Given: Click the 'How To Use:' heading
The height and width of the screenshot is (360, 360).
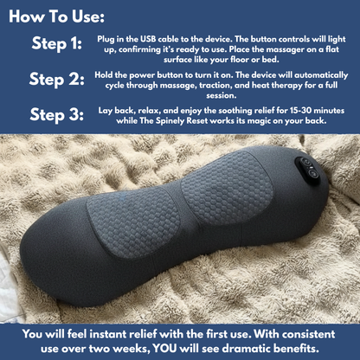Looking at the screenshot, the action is [x=56, y=16].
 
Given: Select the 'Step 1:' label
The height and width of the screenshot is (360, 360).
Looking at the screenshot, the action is [x=57, y=44].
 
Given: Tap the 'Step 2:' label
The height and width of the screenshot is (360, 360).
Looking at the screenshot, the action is [x=57, y=80].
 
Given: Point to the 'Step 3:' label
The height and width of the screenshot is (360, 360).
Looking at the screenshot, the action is [x=57, y=115].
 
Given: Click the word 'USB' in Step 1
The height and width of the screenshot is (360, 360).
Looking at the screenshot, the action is [x=148, y=39].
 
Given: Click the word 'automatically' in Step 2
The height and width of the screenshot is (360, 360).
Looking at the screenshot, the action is [x=321, y=75].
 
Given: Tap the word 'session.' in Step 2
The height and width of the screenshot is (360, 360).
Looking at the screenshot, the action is [x=222, y=95].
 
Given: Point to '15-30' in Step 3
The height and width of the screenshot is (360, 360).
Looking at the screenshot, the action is [x=300, y=111].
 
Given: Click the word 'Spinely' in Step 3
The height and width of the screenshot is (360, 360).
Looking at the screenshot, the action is [x=170, y=121].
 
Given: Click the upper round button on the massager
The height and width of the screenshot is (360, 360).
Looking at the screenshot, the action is [x=306, y=163].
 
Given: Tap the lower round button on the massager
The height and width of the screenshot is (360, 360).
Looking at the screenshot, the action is [x=312, y=174].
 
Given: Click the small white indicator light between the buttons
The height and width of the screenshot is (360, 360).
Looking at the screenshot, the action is [x=309, y=168].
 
